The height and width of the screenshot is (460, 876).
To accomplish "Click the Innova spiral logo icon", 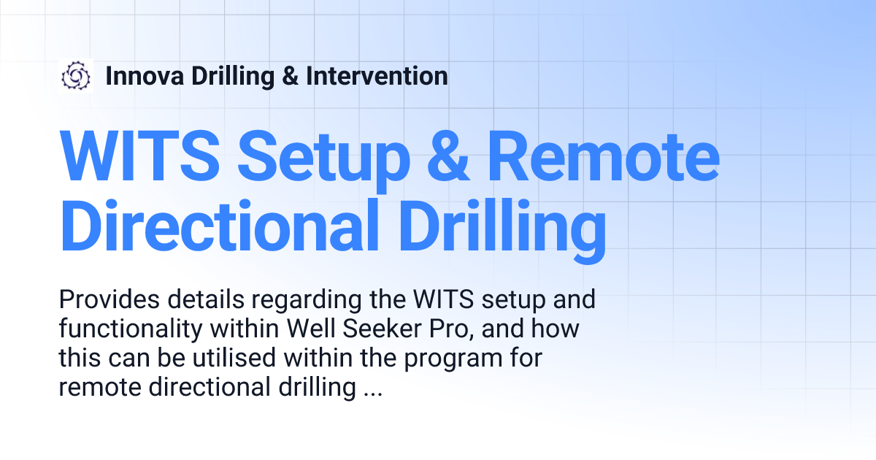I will coord(76,76).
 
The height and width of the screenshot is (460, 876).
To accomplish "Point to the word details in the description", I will coord(201,299).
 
